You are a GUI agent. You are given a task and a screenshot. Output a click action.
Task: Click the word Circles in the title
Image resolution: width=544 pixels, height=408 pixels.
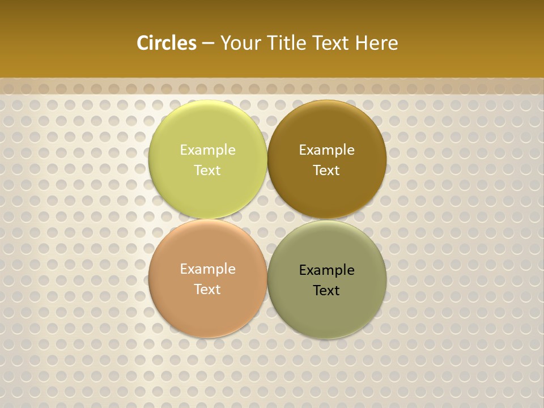[x=167, y=43]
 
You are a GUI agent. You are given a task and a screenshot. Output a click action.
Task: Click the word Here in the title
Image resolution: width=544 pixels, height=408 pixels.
[x=377, y=43]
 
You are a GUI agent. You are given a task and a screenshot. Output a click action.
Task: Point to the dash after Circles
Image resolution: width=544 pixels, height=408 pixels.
[x=207, y=44]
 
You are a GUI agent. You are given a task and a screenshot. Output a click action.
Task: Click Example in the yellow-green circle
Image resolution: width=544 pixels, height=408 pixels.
[x=207, y=150]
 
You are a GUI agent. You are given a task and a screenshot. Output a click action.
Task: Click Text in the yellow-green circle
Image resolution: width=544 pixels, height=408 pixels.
[x=207, y=170]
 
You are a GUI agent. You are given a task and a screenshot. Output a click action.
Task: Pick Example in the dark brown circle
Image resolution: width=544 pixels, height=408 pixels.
[x=327, y=150]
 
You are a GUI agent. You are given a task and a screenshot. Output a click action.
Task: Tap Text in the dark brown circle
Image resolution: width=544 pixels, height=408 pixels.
[x=327, y=170]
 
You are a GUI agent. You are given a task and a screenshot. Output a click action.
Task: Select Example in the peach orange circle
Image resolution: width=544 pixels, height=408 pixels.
[x=207, y=269]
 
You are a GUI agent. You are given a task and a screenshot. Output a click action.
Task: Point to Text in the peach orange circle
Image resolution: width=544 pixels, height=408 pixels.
[x=207, y=289]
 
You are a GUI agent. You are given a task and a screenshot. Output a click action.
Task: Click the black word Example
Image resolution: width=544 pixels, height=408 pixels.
[x=327, y=270]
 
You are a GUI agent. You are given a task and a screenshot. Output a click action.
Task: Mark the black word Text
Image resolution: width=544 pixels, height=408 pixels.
[x=327, y=290]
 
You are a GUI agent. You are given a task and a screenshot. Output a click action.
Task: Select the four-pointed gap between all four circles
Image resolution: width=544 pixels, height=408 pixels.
[x=267, y=219]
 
